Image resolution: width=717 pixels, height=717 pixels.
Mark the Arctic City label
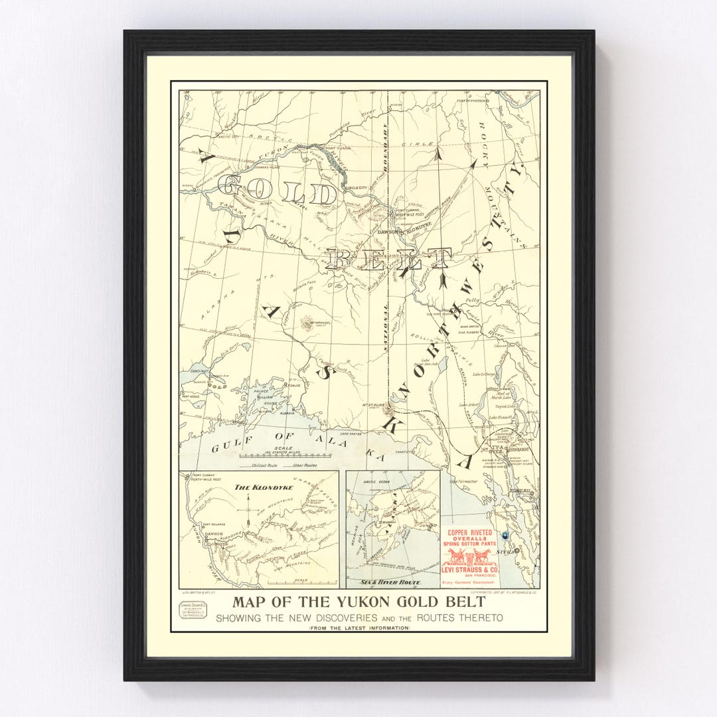click(x=214, y=137)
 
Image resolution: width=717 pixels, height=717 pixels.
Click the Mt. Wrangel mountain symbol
click(x=307, y=323)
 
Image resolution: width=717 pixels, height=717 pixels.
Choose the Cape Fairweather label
click(x=463, y=481)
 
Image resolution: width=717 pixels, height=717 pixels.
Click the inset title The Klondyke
click(x=254, y=487)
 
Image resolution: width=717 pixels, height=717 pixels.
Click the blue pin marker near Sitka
click(x=505, y=535)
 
